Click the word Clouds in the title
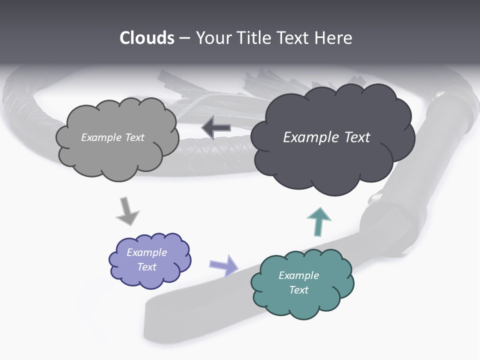(x=147, y=38)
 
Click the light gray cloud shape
(x=117, y=155)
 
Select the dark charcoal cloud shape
(x=332, y=165)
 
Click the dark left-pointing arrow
(x=216, y=128)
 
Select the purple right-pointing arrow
(x=223, y=264)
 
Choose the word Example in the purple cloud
(x=146, y=252)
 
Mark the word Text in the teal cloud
(x=298, y=290)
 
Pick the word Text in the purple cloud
(x=146, y=267)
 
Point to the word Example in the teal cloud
(x=298, y=275)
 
